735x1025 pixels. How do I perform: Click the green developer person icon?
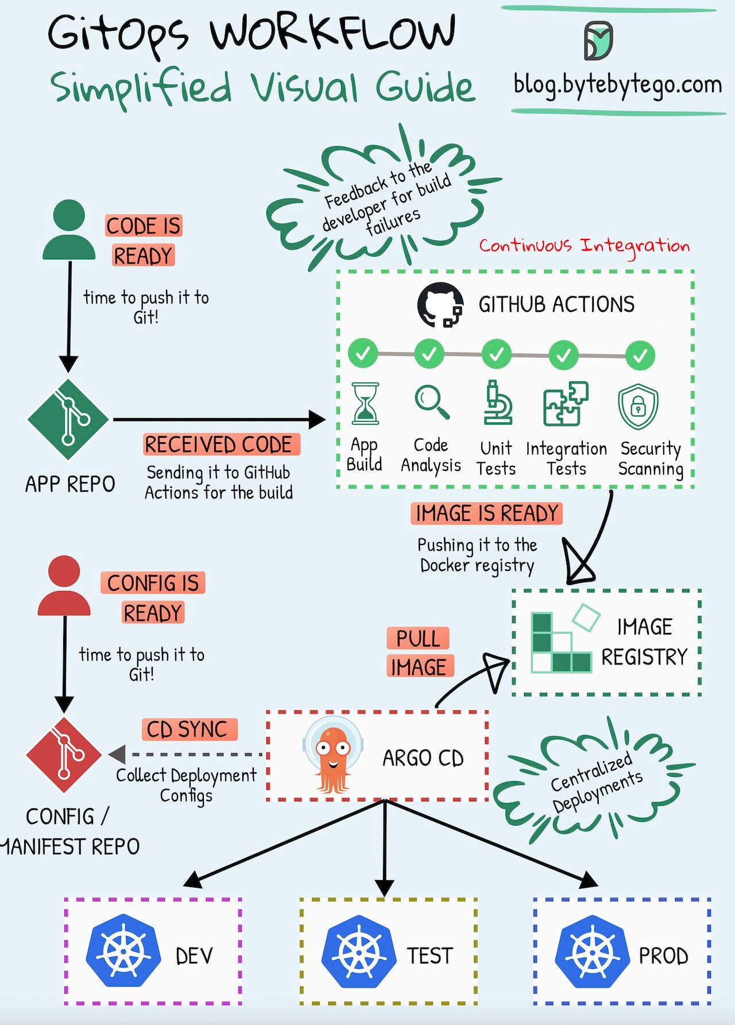coord(69,230)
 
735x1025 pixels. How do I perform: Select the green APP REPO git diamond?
coord(68,419)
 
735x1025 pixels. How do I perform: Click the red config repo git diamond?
coord(64,755)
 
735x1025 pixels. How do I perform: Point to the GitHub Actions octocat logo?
coord(440,305)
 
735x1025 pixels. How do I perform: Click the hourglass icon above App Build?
coord(365,404)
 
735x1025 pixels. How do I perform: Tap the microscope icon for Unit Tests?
coord(497,403)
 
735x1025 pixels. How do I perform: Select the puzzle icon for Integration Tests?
coord(566,404)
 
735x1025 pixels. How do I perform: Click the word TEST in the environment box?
coord(430,956)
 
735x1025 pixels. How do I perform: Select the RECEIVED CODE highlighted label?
coord(221,444)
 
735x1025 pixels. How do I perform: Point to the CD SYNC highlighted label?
coord(188,729)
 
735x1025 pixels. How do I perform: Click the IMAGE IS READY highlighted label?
coord(486,513)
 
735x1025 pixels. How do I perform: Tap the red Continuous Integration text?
coord(584,246)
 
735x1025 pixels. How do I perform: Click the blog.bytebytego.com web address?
coord(617,84)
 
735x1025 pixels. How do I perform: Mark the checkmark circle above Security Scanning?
coord(640,355)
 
